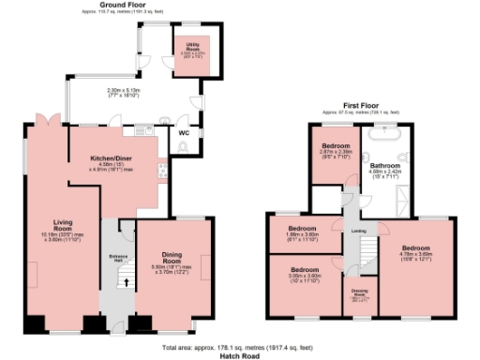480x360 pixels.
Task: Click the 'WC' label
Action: (x=184, y=133)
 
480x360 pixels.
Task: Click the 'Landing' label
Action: (x=358, y=230)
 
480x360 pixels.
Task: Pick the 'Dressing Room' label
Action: (x=358, y=292)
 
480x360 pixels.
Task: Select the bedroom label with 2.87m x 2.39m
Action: (x=337, y=147)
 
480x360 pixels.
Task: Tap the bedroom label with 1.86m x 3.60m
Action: (x=303, y=229)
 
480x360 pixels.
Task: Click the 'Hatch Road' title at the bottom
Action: (x=240, y=355)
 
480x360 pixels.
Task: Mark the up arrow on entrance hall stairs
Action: (x=120, y=278)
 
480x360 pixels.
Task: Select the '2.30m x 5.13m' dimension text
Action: (x=129, y=91)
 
